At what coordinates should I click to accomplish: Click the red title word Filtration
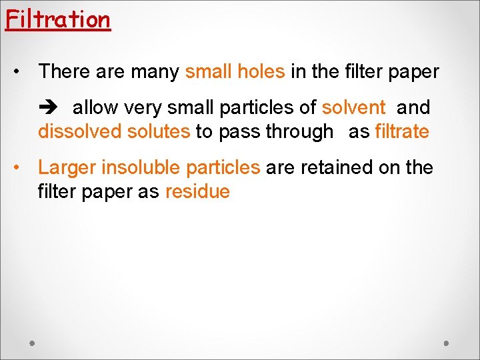tap(57, 19)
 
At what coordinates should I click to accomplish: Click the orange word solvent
tap(353, 107)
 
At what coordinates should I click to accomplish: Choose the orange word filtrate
tap(402, 131)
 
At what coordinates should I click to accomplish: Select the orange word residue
tap(197, 192)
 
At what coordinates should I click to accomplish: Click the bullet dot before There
tap(22, 71)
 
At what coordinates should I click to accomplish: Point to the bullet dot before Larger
tap(22, 167)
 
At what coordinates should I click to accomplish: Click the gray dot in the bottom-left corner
tap(33, 343)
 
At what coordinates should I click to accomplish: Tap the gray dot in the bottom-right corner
tap(447, 343)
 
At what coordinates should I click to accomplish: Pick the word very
tap(143, 107)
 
